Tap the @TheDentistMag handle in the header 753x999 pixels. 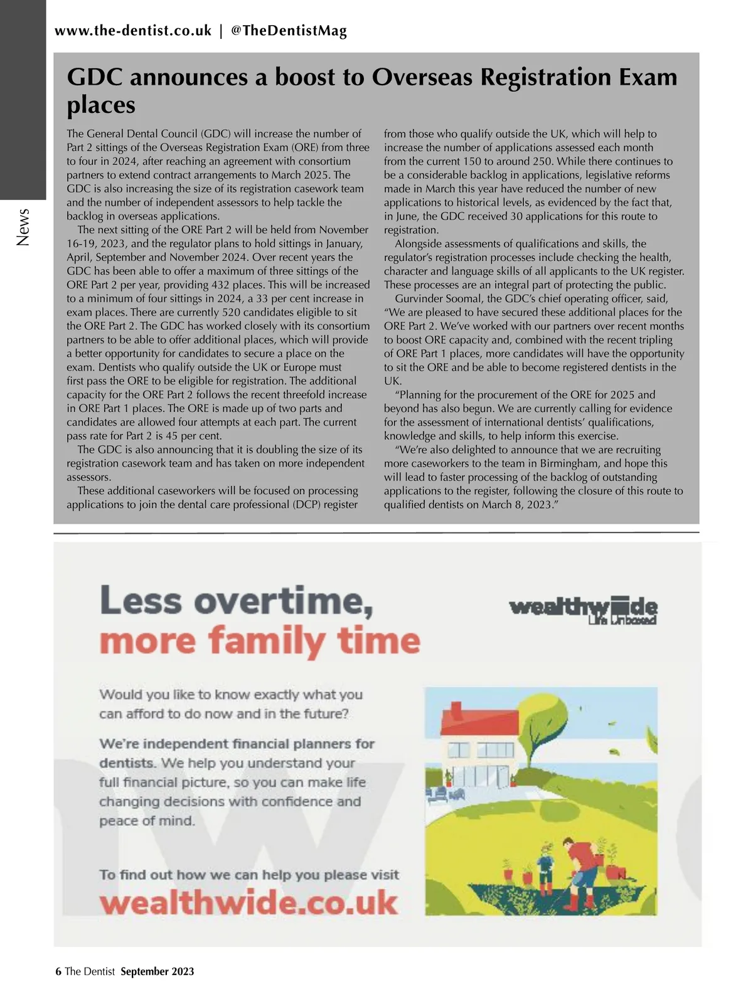pyautogui.click(x=289, y=31)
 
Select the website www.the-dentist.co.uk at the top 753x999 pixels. pyautogui.click(x=133, y=31)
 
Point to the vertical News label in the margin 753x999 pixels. pyautogui.click(x=23, y=227)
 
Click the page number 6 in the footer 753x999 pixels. pyautogui.click(x=58, y=971)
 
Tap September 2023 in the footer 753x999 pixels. pyautogui.click(x=158, y=971)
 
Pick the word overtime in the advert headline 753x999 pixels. pyautogui.click(x=279, y=601)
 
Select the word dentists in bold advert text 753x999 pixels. pyautogui.click(x=127, y=763)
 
